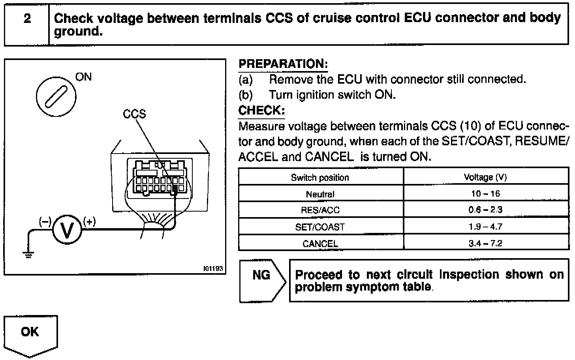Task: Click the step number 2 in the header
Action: pos(27,19)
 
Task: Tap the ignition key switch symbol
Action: pos(56,96)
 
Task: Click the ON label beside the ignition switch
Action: pos(83,77)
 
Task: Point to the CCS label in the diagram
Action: pos(134,114)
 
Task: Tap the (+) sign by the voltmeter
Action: pos(90,221)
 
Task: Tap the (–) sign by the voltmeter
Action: pos(45,221)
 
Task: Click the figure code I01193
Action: pos(213,269)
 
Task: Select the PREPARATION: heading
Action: pos(283,64)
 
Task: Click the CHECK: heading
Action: pos(261,110)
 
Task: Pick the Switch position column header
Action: pos(320,178)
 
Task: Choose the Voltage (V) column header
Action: pos(485,178)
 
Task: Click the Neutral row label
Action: pos(320,194)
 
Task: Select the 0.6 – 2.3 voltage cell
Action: pos(485,210)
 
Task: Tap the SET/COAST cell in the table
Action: pos(320,227)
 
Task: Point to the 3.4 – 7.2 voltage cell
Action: pos(485,243)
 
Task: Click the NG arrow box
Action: pos(262,280)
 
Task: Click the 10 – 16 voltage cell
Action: pos(485,193)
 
